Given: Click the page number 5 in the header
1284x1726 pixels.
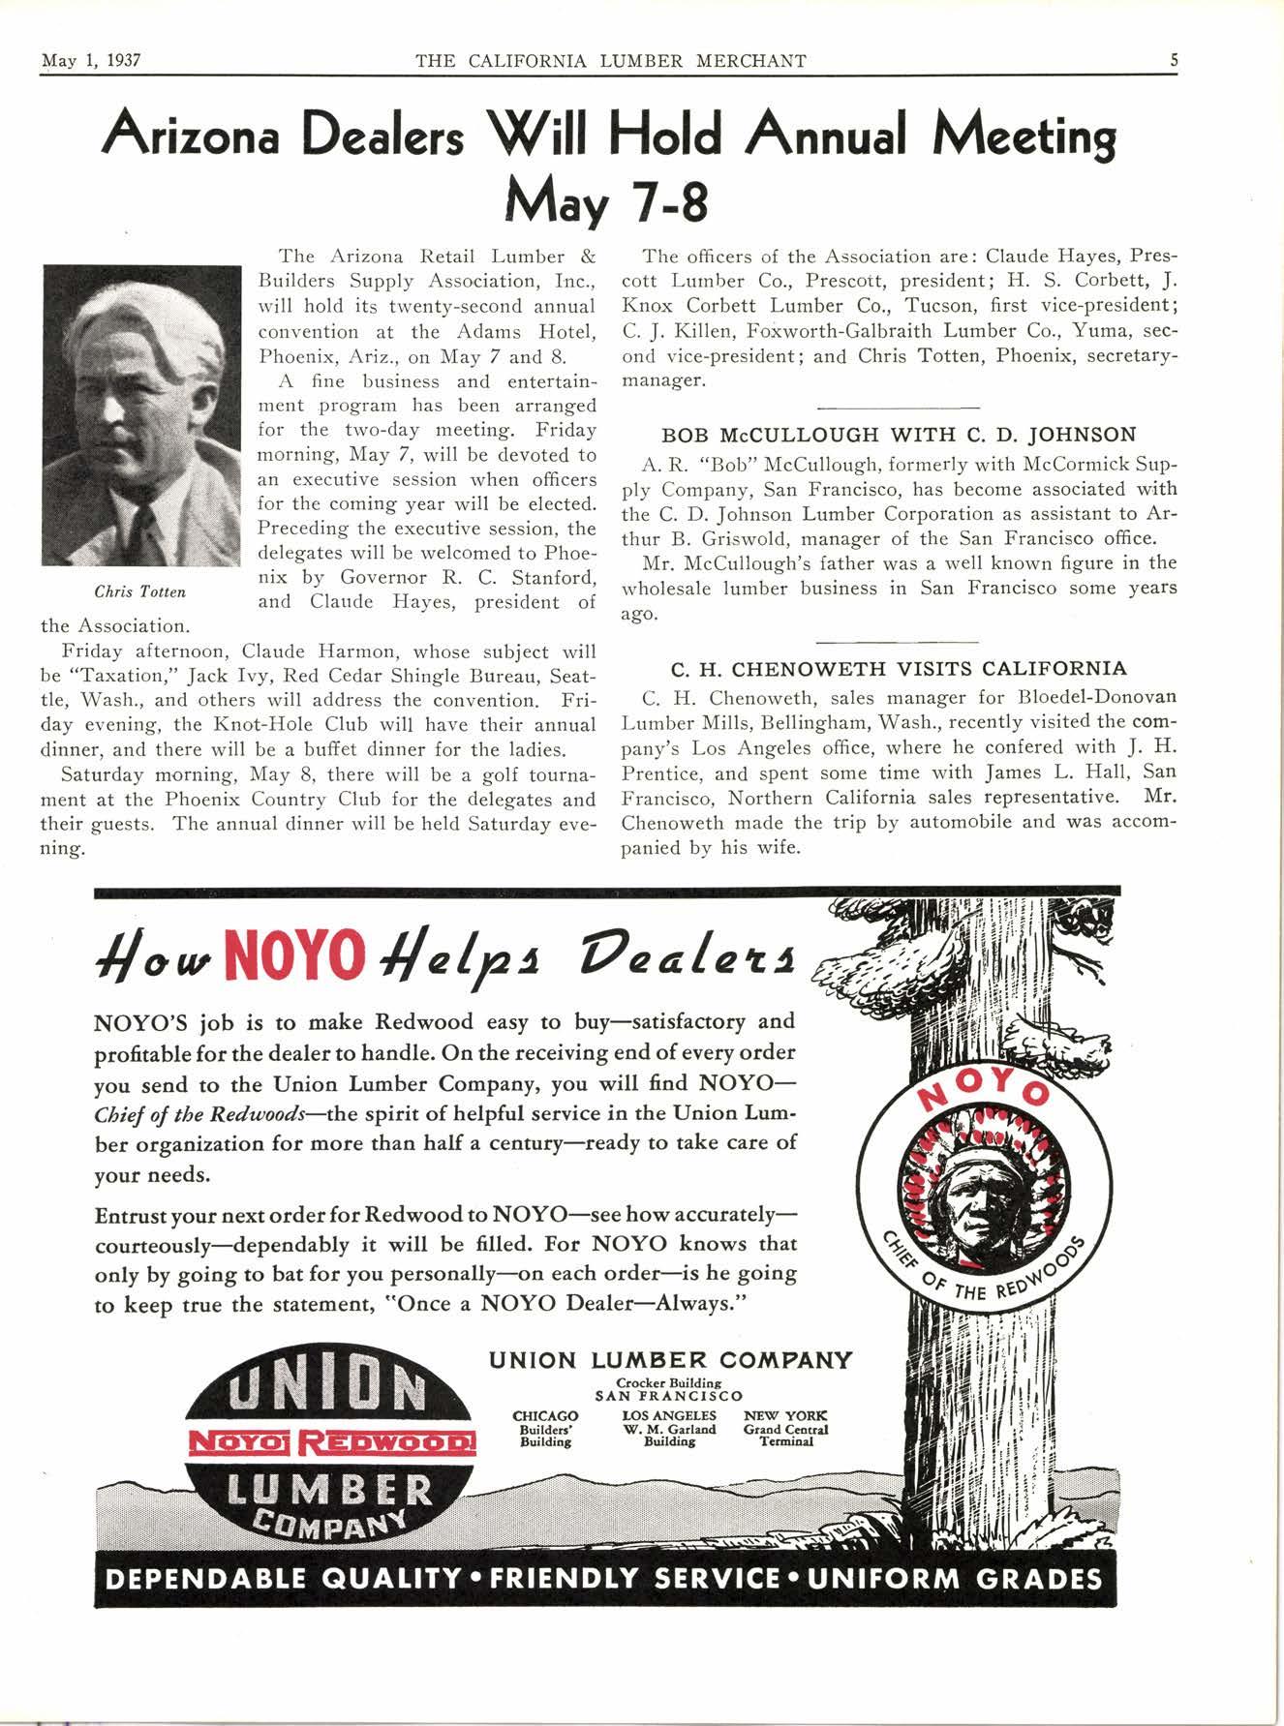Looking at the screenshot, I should pos(1174,61).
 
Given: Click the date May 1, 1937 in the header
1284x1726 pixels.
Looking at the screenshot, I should pos(92,61).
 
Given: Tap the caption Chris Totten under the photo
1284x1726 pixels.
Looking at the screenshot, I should pos(139,591).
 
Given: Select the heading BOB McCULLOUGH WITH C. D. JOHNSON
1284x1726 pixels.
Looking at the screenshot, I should pos(898,436).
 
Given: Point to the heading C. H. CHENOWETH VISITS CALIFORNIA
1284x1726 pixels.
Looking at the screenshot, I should pos(898,669).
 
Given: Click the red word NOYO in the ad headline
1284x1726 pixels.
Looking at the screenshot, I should pos(291,953).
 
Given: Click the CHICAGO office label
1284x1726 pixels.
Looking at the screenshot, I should pos(544,1416).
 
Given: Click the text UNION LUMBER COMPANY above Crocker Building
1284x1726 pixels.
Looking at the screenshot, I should pos(670,1360).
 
